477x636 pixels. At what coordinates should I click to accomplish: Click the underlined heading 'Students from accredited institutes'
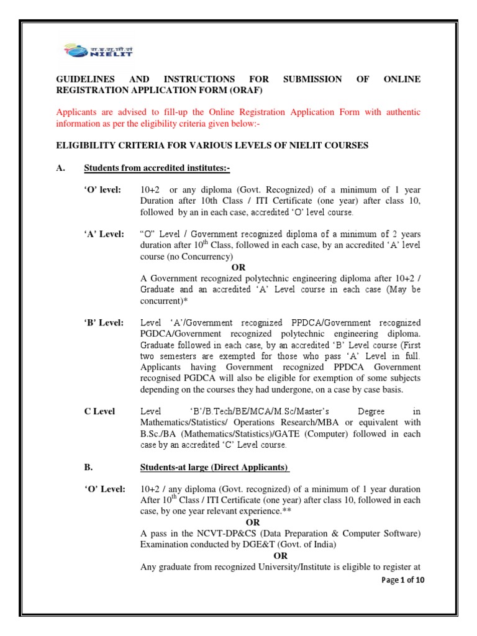point(157,169)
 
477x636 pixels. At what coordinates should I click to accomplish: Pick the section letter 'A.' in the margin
point(61,169)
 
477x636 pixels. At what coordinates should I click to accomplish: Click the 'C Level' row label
point(99,412)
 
